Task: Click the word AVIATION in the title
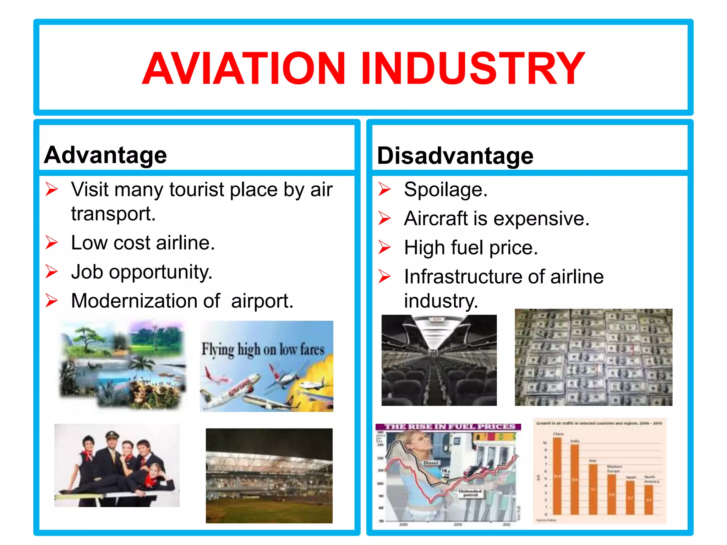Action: pos(244,68)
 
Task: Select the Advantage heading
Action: pos(105,155)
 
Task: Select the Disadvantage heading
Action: pos(455,156)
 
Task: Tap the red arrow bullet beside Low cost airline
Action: pos(51,243)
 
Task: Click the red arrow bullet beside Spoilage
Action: pos(384,189)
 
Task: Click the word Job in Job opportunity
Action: pos(87,272)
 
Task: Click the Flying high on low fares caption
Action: pos(263,349)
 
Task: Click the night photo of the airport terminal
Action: pos(269,475)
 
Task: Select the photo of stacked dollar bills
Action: pos(594,357)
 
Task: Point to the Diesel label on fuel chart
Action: pos(431,463)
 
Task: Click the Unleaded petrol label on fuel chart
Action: pos(470,493)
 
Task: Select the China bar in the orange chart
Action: pos(557,475)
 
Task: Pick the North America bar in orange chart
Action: pos(649,499)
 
